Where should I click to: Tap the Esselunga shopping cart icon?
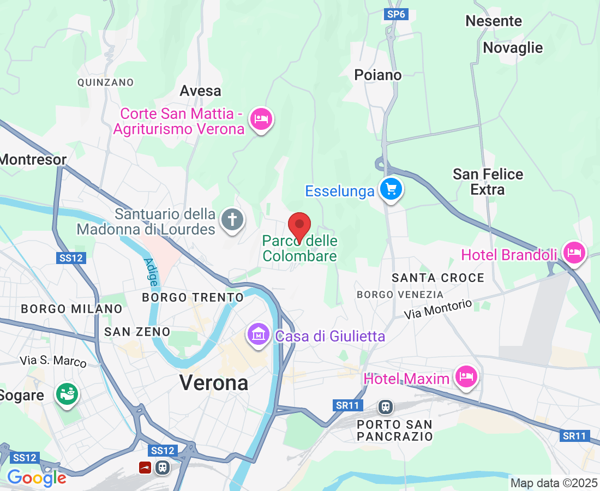click(x=391, y=189)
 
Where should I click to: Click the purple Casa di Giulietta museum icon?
click(x=259, y=334)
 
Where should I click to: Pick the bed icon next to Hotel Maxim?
click(x=466, y=376)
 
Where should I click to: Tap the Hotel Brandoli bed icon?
click(x=574, y=253)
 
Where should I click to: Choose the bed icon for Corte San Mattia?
click(x=261, y=119)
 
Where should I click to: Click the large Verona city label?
click(x=214, y=382)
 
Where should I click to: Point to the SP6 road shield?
click(x=396, y=15)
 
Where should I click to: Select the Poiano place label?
click(x=378, y=75)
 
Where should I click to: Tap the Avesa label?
click(x=201, y=91)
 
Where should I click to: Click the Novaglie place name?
click(x=513, y=47)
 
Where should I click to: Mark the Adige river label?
click(x=151, y=272)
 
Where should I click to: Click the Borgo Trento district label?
click(x=193, y=297)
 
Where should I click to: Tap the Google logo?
click(x=37, y=478)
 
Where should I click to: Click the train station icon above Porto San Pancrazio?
click(x=386, y=406)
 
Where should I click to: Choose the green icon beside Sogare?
click(x=67, y=394)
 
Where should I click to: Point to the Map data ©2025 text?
click(x=553, y=483)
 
